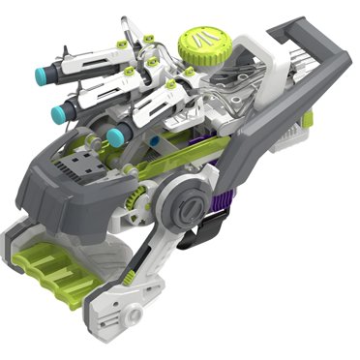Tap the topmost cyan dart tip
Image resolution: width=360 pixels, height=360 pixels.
click(x=45, y=74)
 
